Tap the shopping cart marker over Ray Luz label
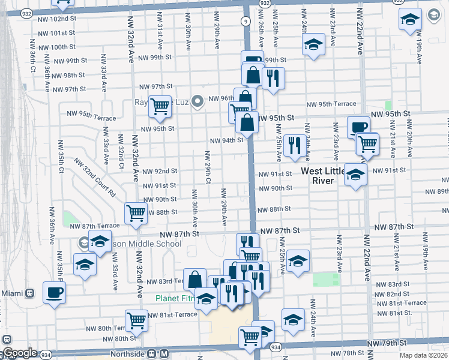click(160, 106)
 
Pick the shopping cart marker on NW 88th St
click(136, 212)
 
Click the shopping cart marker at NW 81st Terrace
click(136, 320)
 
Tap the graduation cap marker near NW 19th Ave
click(410, 20)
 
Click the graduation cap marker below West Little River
click(355, 175)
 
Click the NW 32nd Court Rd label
click(95, 178)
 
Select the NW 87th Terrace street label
click(94, 226)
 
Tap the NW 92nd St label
click(160, 171)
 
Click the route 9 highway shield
click(246, 21)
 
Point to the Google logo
click(20, 353)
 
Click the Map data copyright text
click(424, 355)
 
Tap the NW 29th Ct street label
click(208, 169)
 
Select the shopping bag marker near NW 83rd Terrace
click(194, 279)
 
